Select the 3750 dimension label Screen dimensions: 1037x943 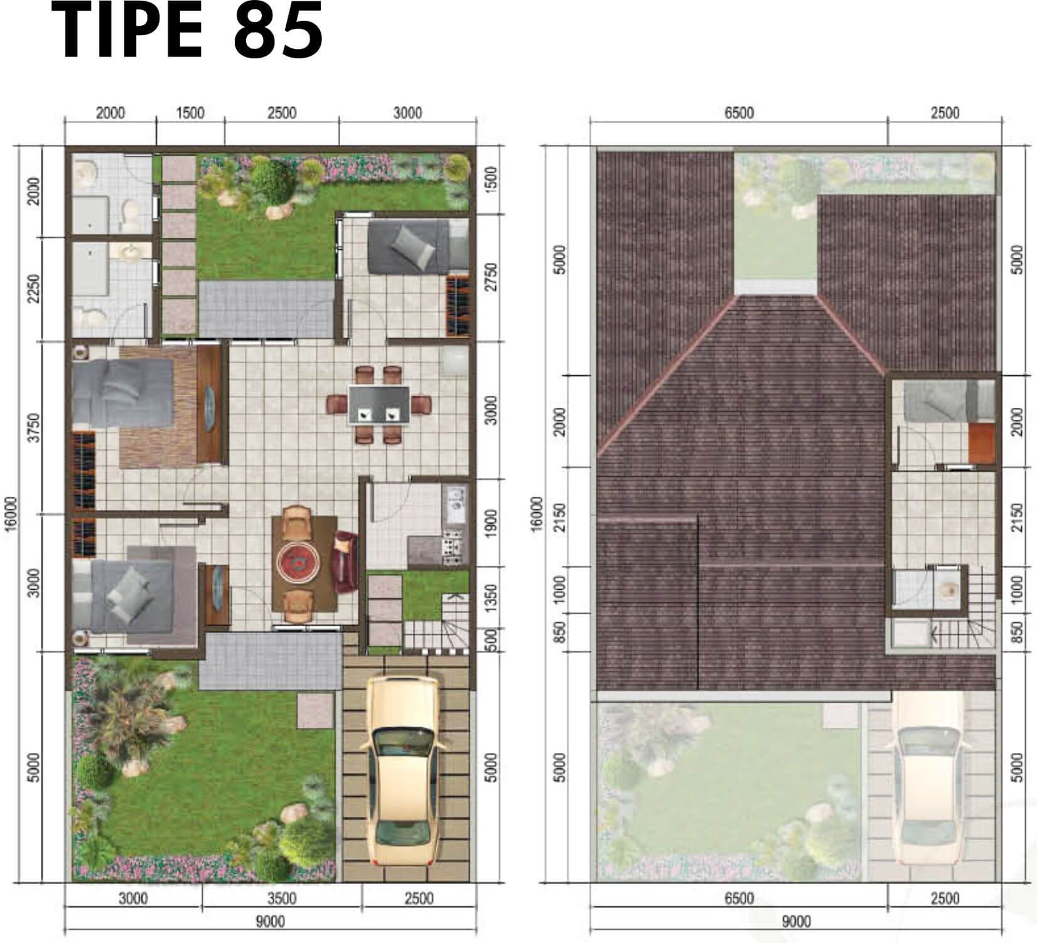point(35,427)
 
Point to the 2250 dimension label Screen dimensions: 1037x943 point(35,288)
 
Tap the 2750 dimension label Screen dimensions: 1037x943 point(491,277)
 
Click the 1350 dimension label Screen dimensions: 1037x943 point(491,599)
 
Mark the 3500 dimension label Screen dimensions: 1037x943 point(282,898)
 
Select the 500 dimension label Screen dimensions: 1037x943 point(491,639)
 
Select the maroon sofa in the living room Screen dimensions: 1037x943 point(345,562)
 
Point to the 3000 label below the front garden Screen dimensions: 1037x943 point(133,898)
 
